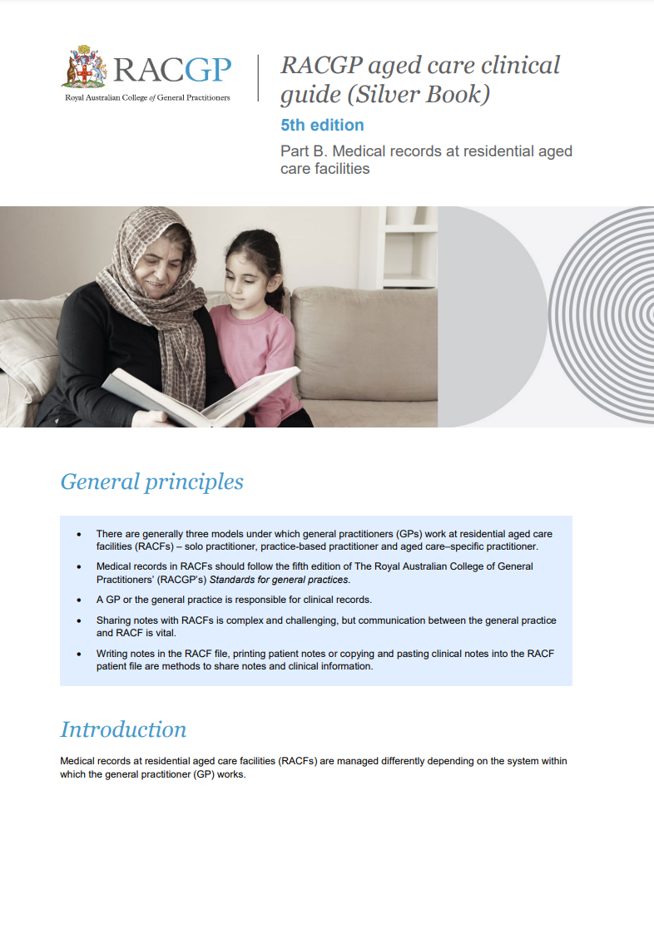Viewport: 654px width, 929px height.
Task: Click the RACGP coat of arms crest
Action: coord(83,67)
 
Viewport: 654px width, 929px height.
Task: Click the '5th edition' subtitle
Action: coord(322,126)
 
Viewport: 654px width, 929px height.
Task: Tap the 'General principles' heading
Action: coord(151,482)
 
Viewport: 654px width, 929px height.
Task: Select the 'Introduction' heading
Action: coord(123,729)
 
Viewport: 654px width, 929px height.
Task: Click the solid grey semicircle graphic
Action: coord(483,316)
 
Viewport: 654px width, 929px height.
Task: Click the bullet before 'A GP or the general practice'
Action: coord(79,600)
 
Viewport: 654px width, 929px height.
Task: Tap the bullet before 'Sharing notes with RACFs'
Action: coord(79,620)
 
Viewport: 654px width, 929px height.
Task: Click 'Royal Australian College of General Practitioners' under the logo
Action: coord(147,97)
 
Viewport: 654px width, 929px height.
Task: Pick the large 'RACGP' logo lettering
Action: coord(172,70)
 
